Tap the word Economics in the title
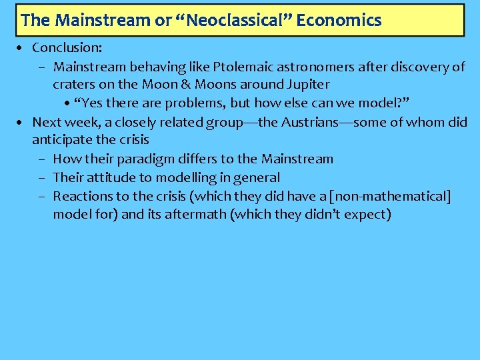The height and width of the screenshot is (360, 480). point(339,21)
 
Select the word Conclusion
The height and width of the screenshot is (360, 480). point(67,48)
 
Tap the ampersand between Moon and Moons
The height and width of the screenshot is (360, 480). point(184,85)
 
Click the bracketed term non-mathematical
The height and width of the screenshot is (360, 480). point(391,196)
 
